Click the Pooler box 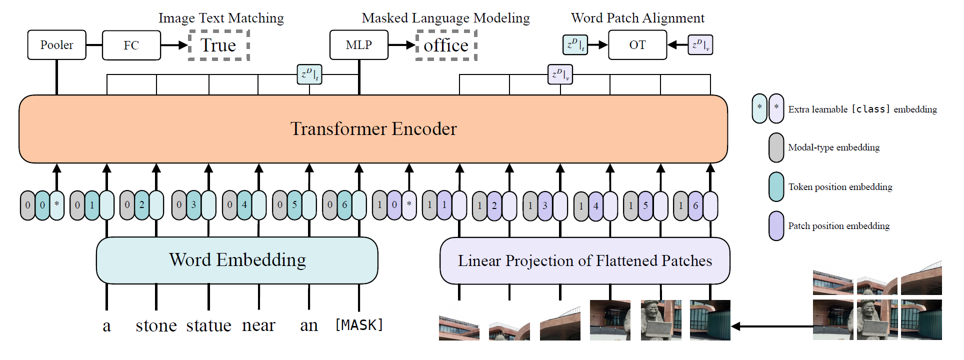click(57, 45)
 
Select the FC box click(131, 45)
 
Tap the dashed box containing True click(218, 45)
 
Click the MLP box click(359, 45)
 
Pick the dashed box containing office click(446, 45)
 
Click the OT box click(637, 45)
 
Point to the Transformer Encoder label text click(373, 129)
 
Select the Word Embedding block click(237, 260)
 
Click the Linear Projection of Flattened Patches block click(585, 261)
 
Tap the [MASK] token click(359, 325)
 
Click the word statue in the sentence click(209, 325)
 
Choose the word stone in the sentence click(156, 325)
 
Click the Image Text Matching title click(221, 18)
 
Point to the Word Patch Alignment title click(637, 18)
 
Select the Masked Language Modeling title click(445, 18)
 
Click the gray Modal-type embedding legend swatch click(776, 147)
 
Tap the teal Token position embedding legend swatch click(776, 187)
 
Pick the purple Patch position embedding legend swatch click(776, 226)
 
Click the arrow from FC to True click(174, 45)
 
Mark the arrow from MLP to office click(402, 45)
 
